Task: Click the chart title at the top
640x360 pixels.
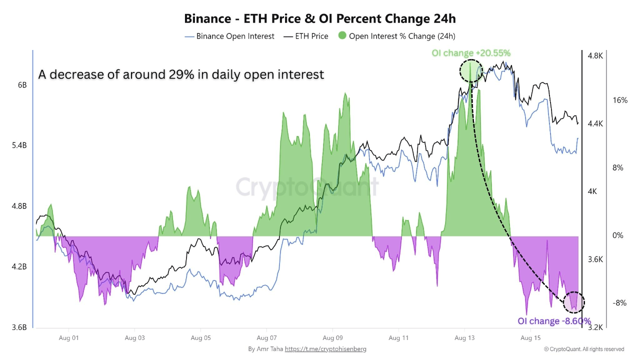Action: pos(320,18)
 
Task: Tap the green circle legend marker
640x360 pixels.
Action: pos(342,36)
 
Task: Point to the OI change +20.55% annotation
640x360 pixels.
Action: pos(471,53)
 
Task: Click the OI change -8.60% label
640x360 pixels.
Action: pos(554,321)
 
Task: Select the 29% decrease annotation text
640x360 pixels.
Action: pos(181,74)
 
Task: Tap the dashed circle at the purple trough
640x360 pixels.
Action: pos(574,302)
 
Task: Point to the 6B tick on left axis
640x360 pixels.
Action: pos(22,85)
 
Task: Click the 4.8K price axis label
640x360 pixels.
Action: pos(595,56)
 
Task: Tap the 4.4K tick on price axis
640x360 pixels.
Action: pos(595,124)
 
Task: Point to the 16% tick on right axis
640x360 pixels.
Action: pos(619,100)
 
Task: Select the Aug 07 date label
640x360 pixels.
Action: pos(266,338)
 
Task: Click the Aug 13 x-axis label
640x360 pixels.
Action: pos(464,338)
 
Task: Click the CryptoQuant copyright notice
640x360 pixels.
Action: pos(584,349)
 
